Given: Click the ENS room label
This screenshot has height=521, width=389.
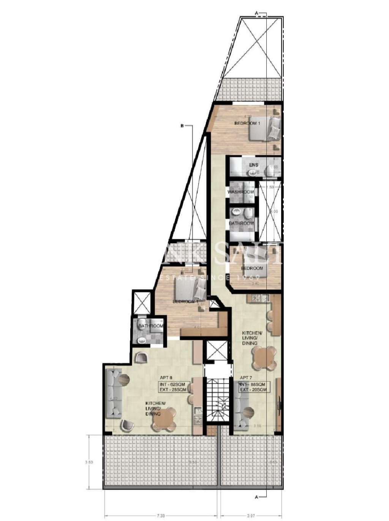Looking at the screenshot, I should (x=254, y=165).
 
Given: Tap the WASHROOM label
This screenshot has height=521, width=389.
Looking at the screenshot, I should (x=240, y=192).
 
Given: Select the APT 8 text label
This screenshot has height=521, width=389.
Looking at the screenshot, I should (x=166, y=378).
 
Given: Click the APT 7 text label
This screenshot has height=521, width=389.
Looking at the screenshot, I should (x=246, y=378).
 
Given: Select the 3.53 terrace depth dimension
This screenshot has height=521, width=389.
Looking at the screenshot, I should (x=87, y=462).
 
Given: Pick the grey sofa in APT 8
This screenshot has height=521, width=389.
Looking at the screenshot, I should (x=113, y=393).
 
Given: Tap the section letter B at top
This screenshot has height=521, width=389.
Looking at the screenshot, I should (x=182, y=126).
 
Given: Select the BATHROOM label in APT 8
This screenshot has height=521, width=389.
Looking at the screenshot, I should (x=150, y=326).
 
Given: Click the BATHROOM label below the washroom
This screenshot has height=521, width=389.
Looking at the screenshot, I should (x=241, y=223).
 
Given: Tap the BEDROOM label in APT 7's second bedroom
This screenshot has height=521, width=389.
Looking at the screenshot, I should (x=252, y=268).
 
